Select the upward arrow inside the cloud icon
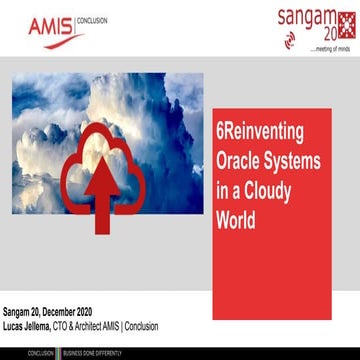point(101,198)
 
